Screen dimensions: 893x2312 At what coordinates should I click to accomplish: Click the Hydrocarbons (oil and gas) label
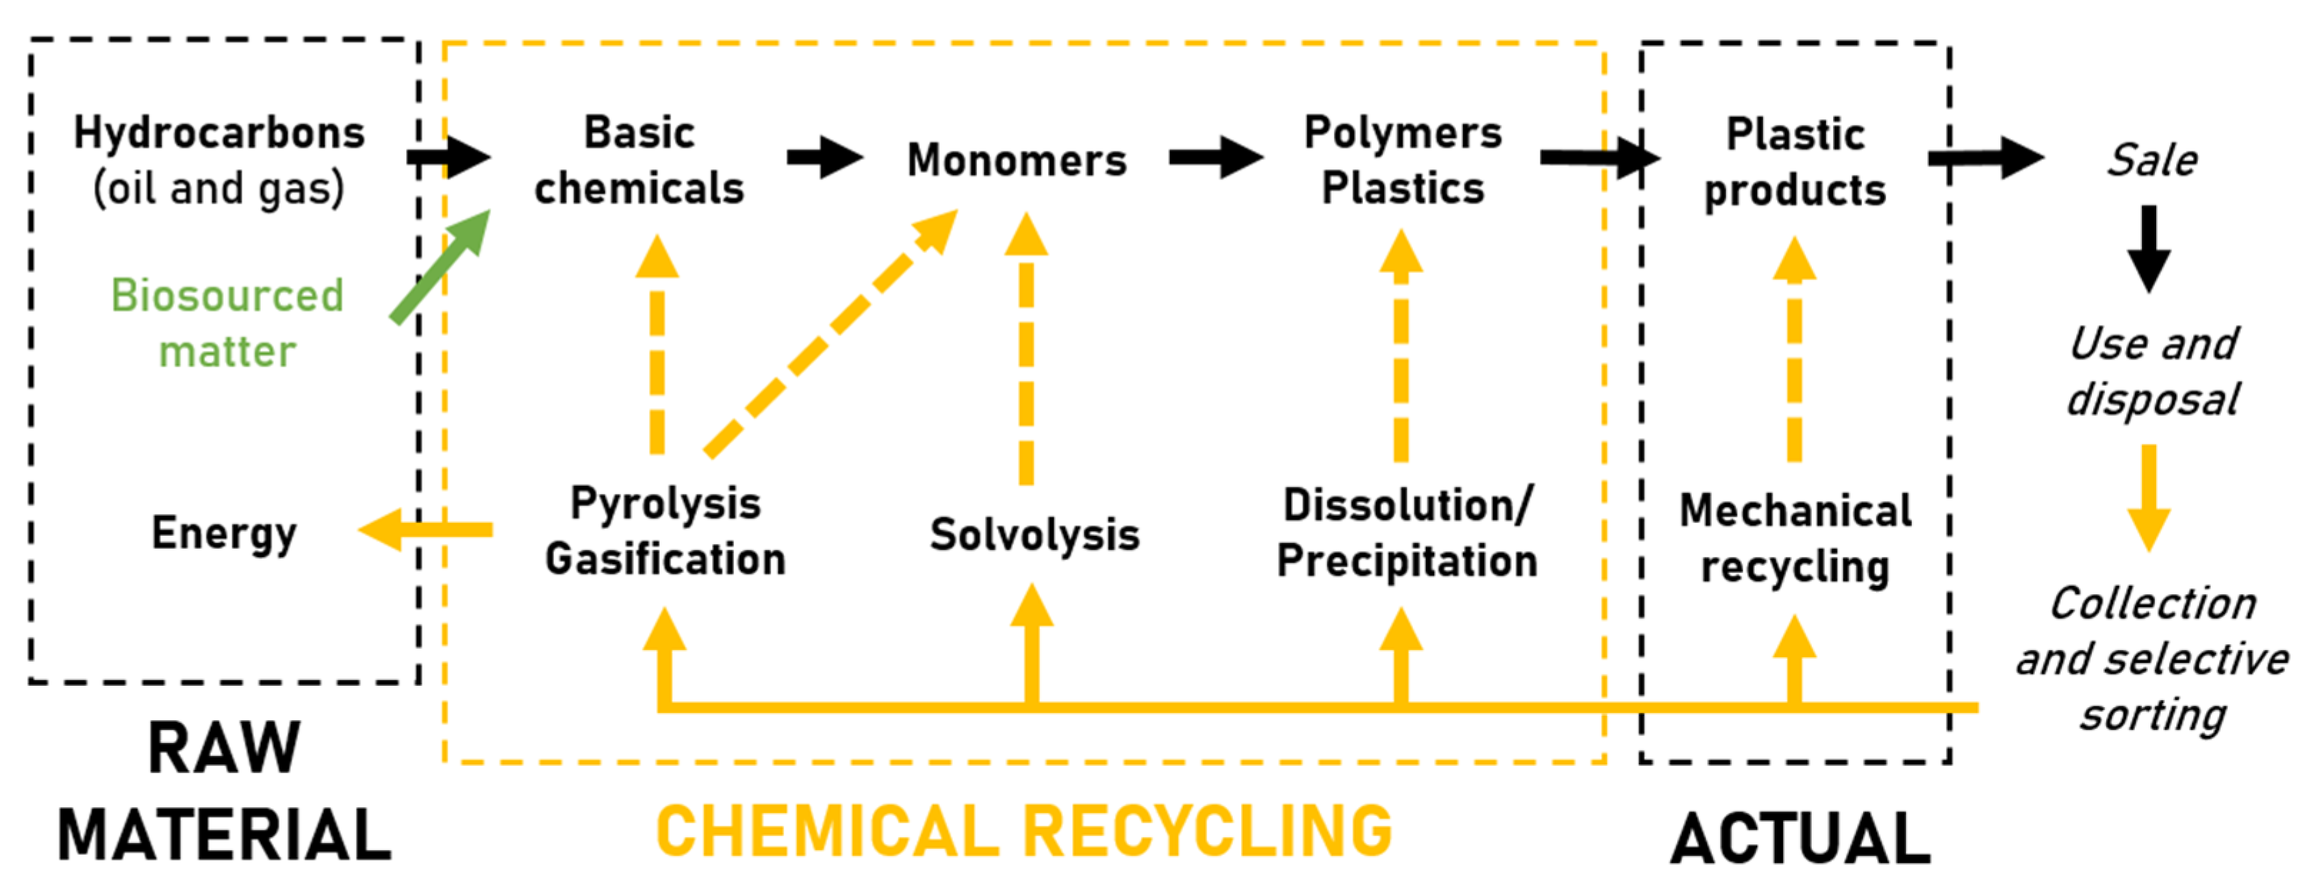[x=219, y=161]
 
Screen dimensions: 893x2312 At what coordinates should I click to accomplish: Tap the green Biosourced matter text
[x=227, y=323]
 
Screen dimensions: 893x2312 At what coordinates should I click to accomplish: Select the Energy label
[x=224, y=533]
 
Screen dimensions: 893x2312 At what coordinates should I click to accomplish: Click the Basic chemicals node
[x=639, y=161]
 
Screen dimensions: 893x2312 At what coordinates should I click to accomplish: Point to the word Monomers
[x=1016, y=161]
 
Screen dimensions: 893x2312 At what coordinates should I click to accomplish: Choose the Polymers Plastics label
[x=1403, y=161]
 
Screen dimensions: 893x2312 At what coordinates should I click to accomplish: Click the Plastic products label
[x=1795, y=162]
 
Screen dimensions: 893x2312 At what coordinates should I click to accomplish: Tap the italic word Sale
[x=2151, y=161]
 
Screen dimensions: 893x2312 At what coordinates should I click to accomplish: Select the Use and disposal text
[x=2152, y=371]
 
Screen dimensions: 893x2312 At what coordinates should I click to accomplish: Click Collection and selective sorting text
[x=2152, y=659]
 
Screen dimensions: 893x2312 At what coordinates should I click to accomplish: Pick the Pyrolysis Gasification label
[x=665, y=532]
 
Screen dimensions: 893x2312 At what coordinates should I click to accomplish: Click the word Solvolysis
[x=1034, y=535]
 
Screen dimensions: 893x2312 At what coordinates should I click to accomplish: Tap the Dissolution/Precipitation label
[x=1406, y=533]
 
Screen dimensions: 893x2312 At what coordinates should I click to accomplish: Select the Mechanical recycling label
[x=1795, y=539]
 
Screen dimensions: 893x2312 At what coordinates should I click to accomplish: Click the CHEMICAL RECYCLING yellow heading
[x=1024, y=831]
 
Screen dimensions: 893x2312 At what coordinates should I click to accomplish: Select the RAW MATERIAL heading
[x=224, y=791]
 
